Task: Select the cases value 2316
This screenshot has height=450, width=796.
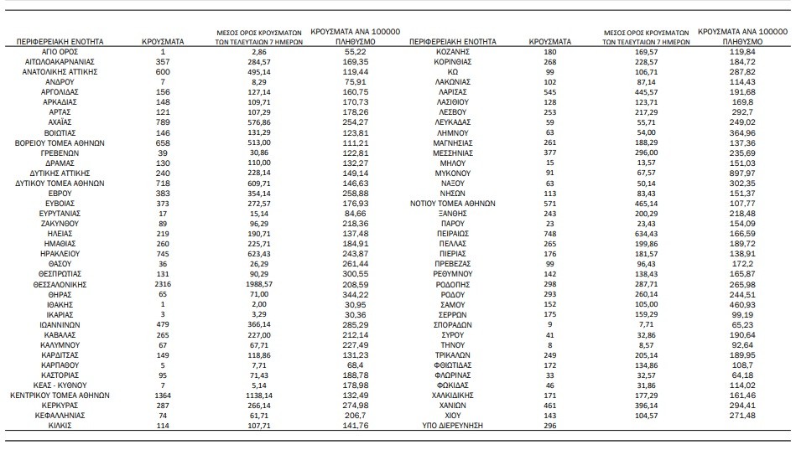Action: (x=164, y=285)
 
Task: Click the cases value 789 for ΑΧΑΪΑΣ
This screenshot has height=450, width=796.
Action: (x=164, y=122)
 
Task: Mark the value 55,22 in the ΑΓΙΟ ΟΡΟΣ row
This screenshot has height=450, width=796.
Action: (x=339, y=52)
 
